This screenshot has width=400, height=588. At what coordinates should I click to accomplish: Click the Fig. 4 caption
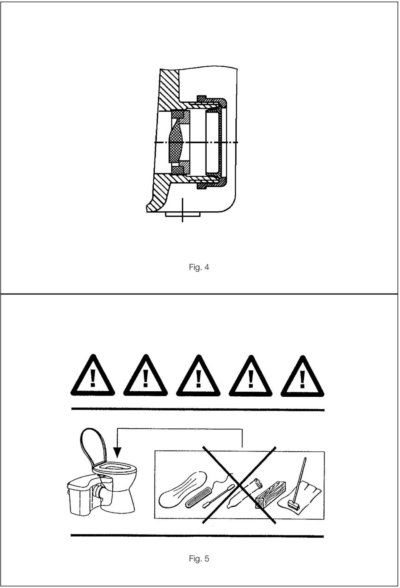[x=199, y=268]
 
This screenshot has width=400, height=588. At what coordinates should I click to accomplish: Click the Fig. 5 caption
[x=199, y=558]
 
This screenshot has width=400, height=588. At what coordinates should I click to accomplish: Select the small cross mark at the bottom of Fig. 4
[x=182, y=210]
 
